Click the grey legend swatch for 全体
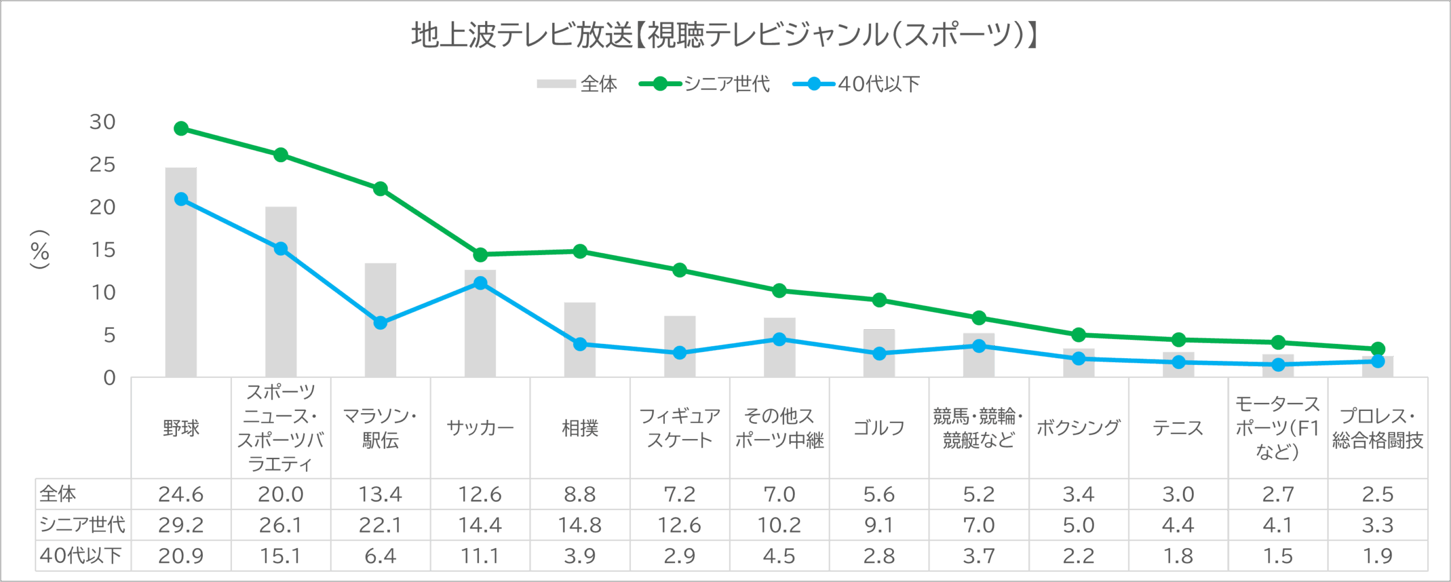555,84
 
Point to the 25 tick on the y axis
103,165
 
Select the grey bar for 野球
181,272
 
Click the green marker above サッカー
480,254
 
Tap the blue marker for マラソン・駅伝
380,322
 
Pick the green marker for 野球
181,129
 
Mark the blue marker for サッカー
480,283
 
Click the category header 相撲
580,428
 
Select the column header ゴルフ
879,428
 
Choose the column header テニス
1178,428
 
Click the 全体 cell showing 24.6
181,495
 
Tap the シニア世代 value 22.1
380,525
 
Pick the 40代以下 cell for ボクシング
1079,556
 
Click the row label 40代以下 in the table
81,556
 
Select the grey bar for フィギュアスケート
680,346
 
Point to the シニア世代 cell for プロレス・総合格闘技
1377,525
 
